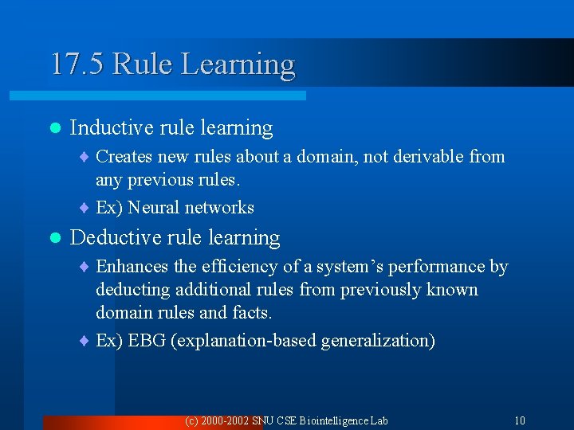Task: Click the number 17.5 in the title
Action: (x=77, y=64)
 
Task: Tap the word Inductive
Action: (x=112, y=127)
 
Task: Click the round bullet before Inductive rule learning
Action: (x=54, y=128)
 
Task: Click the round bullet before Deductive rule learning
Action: (x=54, y=238)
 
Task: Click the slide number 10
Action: (x=519, y=420)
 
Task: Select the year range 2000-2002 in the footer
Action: (x=227, y=420)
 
